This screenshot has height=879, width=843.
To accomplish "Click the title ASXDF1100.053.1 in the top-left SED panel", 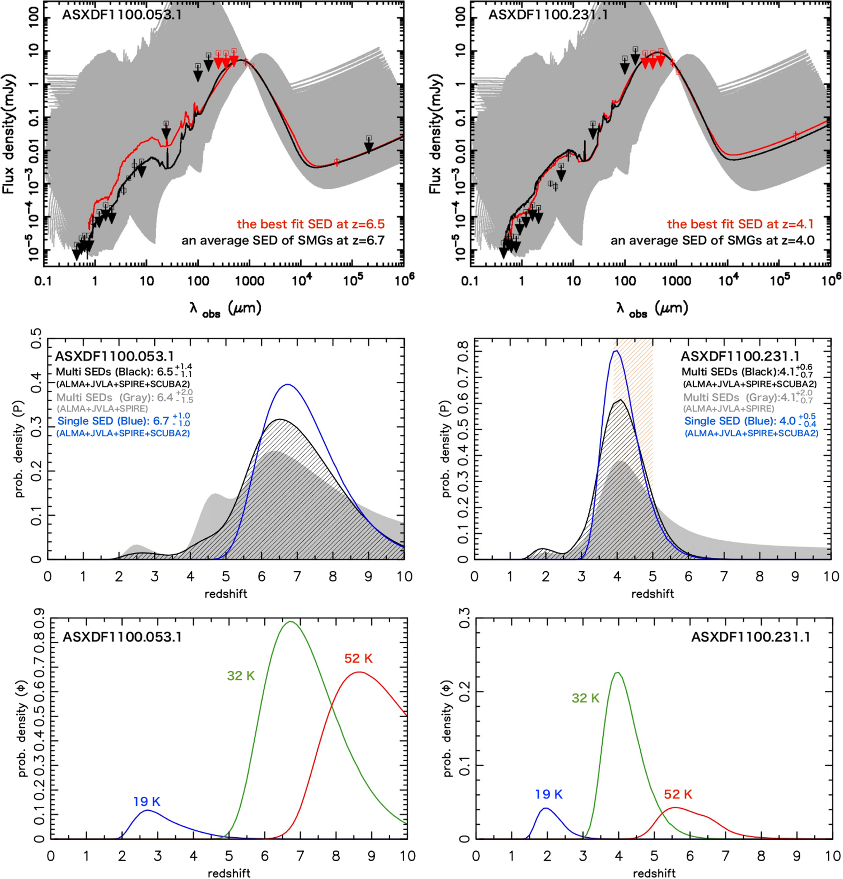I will (x=121, y=15).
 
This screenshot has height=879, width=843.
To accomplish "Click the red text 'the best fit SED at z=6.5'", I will (x=310, y=224).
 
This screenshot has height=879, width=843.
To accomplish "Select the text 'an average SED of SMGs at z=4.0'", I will (x=712, y=240).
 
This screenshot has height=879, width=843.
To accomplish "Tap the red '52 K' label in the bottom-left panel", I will (x=358, y=659).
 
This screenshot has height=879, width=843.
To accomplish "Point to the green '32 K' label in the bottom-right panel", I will (x=585, y=698).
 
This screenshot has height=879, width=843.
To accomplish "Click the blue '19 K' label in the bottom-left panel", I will (x=147, y=801).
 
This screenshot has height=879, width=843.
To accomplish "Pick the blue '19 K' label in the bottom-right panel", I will (x=548, y=794).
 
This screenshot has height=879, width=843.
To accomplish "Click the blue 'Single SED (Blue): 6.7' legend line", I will (x=113, y=421).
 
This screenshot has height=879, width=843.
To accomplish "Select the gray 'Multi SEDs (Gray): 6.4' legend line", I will (x=114, y=398).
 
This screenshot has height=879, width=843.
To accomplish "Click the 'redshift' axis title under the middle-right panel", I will (x=652, y=594).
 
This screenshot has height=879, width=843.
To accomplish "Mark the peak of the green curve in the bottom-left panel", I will (x=290, y=621).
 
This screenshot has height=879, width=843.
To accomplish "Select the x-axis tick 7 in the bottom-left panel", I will (x=301, y=856).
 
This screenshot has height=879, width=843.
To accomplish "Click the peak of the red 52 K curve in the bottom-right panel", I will (x=675, y=807).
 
